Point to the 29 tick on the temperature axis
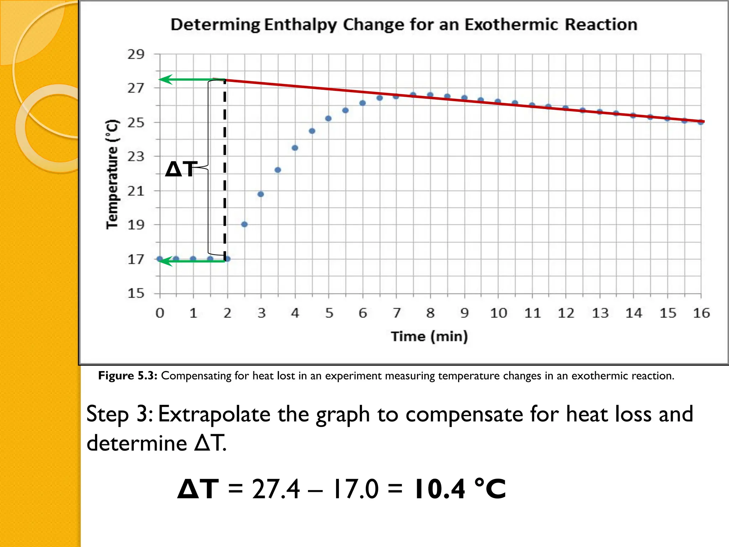click(x=136, y=54)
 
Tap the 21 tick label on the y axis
click(x=136, y=191)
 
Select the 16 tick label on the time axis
click(x=701, y=313)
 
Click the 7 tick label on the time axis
click(x=397, y=313)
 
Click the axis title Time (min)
click(x=429, y=336)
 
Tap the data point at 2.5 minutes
click(x=244, y=224)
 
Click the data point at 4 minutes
click(x=295, y=148)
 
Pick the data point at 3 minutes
click(x=261, y=194)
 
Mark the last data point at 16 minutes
click(x=701, y=122)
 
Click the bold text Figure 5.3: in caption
click(x=127, y=376)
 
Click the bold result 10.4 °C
click(x=459, y=489)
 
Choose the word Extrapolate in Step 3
click(x=214, y=414)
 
